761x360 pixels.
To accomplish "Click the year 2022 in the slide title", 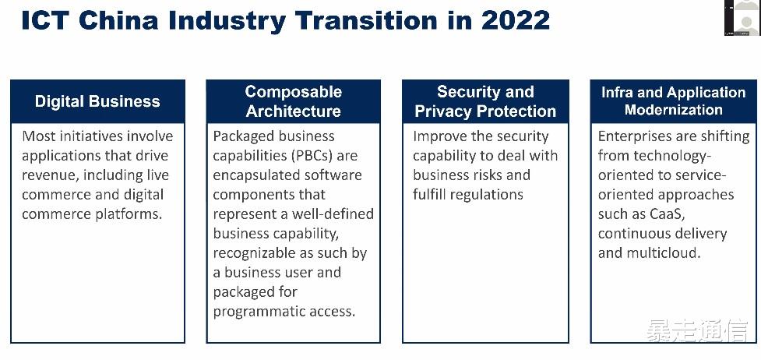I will point(516,19).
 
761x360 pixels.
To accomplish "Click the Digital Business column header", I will point(97,101).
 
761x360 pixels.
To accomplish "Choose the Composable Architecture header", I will point(294,101).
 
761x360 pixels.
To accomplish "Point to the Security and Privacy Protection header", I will point(485,101).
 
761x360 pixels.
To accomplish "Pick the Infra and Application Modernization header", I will point(673,101).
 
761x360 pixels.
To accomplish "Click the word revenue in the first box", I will point(48,175).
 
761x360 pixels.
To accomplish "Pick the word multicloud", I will point(661,252).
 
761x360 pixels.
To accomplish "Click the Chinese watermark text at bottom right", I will point(696,332).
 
